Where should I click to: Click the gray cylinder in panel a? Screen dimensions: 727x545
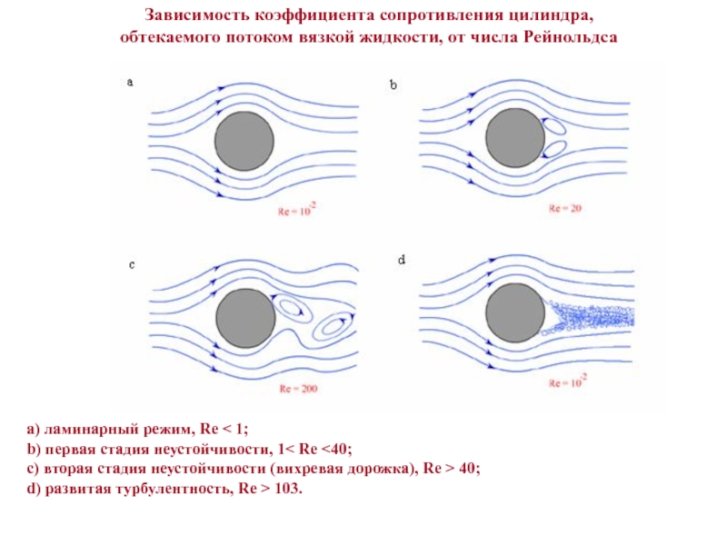(244, 142)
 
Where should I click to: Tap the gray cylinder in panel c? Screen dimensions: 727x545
(244, 319)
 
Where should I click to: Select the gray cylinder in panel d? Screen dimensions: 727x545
(515, 314)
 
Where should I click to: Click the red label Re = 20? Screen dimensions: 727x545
(564, 208)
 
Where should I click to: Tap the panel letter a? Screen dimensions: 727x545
(130, 82)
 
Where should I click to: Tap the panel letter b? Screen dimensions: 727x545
(393, 84)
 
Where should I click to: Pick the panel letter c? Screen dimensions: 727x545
(131, 264)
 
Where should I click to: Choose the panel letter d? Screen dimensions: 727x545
(401, 260)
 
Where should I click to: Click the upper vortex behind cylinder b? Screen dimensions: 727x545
(552, 125)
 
